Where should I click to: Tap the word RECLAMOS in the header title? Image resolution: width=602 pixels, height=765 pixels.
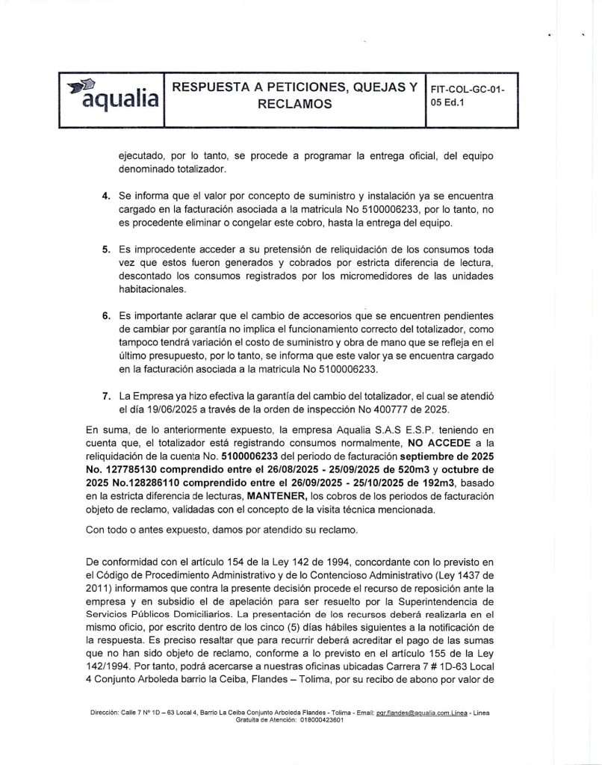click(294, 105)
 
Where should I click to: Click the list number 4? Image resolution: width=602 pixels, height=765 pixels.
click(107, 196)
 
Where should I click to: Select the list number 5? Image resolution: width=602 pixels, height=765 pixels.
click(107, 249)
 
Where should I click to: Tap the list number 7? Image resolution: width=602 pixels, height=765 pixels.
click(107, 395)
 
